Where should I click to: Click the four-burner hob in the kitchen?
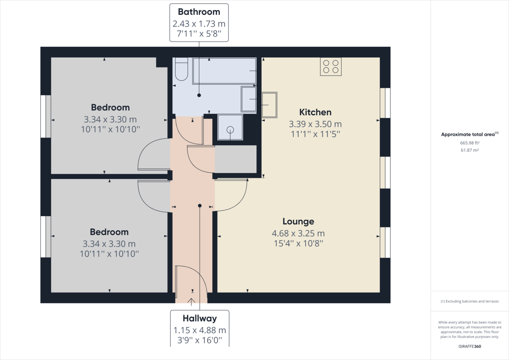tap(331, 67)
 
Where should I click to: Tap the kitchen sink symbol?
tap(269, 105)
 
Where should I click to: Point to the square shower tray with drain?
tap(230, 127)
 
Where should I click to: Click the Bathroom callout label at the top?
tap(199, 22)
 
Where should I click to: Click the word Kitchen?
tap(315, 112)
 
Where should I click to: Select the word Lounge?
tap(298, 222)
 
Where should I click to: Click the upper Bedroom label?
tap(110, 107)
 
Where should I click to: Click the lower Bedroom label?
tap(109, 232)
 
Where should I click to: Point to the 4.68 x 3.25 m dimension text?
tap(298, 233)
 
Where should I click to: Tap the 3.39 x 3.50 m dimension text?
tap(315, 124)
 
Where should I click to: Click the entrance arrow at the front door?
tap(191, 301)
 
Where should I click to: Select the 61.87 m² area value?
tap(469, 150)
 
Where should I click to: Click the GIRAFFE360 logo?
tap(470, 346)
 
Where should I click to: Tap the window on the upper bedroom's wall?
tap(46, 116)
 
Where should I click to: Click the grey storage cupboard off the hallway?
tap(236, 159)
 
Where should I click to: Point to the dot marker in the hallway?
tap(200, 205)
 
